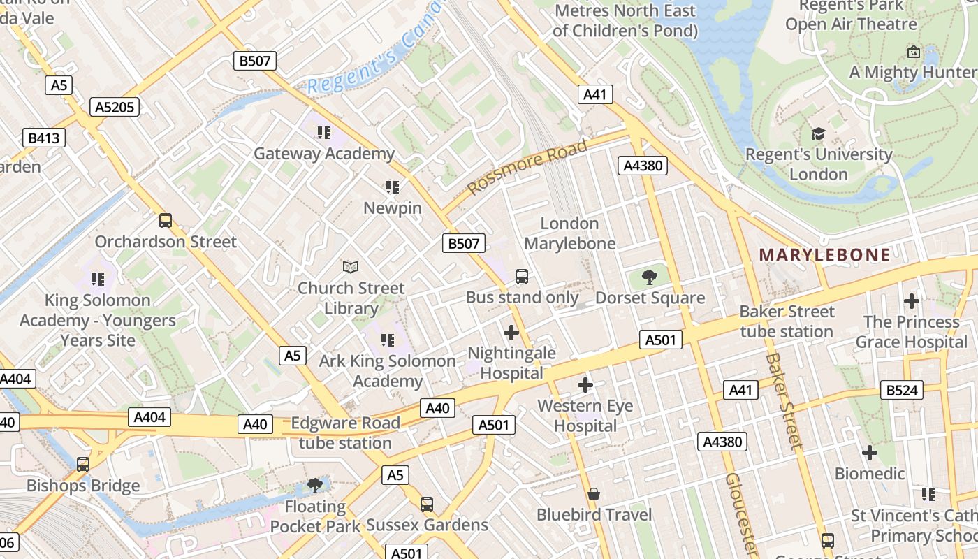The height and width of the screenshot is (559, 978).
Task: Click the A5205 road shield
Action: point(115,107)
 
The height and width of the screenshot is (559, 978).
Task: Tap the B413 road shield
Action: point(43,138)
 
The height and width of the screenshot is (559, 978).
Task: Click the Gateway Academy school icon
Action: point(323,132)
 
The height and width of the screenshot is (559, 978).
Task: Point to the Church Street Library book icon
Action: point(351,267)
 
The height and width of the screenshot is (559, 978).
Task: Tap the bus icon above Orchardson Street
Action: point(166,221)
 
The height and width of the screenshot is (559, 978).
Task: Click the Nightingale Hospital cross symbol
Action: point(511,333)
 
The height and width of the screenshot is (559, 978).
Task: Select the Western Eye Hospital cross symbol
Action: point(585,385)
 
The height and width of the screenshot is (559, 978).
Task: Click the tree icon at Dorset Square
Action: point(650,277)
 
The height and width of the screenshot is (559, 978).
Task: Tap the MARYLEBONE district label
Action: point(824,255)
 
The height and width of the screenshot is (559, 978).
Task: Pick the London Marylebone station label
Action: point(569,233)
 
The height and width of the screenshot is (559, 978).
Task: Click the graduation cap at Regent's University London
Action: point(818,133)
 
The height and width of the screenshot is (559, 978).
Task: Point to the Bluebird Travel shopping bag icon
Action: point(594,494)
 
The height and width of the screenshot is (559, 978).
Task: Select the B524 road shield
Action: point(901,390)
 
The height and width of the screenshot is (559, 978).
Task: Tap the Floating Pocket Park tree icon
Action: point(315,485)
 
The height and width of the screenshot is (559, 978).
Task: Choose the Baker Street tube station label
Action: point(787,321)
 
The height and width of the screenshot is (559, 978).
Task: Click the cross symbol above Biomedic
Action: point(869,453)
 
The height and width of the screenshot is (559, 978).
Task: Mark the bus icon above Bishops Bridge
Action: point(83,465)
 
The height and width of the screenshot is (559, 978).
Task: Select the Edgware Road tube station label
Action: point(345,433)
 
